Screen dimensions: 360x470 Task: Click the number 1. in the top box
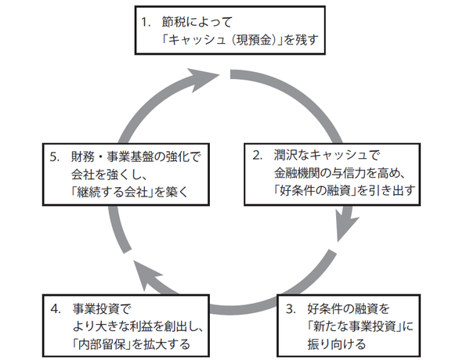(x=146, y=20)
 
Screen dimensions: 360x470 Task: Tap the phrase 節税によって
(x=197, y=20)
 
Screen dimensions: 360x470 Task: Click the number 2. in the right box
(x=257, y=154)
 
